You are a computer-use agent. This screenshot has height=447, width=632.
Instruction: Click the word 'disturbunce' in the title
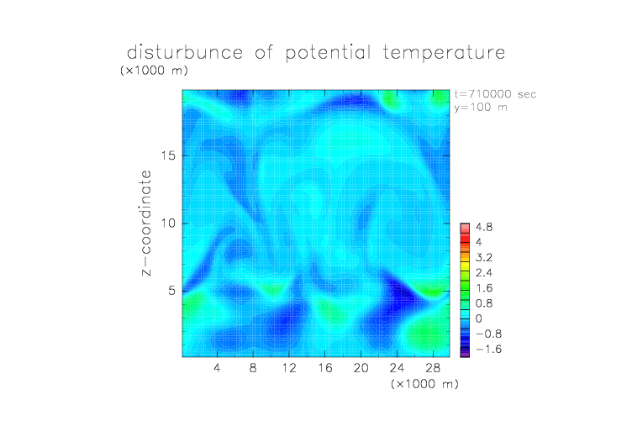point(185,53)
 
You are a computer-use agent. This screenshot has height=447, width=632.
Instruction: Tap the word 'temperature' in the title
point(444,53)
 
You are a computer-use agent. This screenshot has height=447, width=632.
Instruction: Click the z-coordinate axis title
point(146,223)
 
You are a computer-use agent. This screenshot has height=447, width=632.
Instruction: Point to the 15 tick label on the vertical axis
point(168,155)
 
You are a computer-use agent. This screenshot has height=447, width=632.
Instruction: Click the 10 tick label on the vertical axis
point(168,223)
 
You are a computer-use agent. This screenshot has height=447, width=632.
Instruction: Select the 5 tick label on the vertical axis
point(172,291)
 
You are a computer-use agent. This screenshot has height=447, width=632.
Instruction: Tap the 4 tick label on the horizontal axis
point(217,367)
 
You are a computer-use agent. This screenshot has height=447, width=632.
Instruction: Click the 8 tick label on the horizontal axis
point(253,367)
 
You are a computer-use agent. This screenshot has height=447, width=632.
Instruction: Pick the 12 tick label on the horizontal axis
point(289,367)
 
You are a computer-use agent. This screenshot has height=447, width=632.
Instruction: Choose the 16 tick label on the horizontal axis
point(325,367)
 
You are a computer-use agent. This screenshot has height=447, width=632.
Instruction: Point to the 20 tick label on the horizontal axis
point(361,367)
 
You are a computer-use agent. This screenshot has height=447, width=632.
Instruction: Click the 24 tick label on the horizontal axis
point(397,367)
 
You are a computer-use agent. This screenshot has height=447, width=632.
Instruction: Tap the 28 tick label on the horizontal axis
point(433,367)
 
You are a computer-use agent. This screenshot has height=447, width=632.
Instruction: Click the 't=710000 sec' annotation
point(495,94)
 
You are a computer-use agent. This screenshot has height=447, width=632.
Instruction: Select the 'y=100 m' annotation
point(481,108)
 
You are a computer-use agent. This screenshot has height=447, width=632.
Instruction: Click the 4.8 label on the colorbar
point(484,228)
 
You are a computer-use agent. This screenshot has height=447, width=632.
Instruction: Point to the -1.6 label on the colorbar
point(489,349)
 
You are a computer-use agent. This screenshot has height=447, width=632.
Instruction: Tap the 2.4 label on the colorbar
point(484,273)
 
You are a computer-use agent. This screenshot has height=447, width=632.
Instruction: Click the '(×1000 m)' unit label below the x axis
point(424,384)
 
